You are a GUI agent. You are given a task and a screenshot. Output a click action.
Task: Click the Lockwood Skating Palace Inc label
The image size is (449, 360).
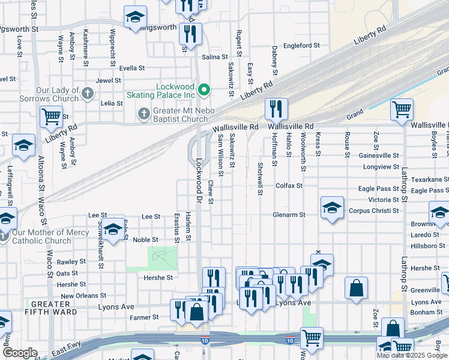point(176,91)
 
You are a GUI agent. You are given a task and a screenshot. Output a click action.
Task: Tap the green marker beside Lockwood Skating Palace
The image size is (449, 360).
point(204,91)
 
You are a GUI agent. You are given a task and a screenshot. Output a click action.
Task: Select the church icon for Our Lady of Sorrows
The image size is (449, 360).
point(88,93)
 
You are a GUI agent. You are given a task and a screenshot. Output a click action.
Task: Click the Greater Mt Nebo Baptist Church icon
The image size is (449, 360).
point(143,113)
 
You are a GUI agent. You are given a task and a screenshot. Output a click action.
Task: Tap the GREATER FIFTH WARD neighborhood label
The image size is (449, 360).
point(46,308)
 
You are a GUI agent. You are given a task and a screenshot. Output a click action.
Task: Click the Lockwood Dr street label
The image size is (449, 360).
point(199,171)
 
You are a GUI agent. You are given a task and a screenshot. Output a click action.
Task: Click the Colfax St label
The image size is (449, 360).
point(289,185)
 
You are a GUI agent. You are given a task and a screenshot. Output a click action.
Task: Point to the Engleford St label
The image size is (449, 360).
point(302,46)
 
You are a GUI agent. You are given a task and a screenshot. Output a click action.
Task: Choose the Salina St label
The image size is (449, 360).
point(215,57)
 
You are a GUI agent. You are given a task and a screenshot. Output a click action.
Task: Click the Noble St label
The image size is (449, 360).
point(145,239)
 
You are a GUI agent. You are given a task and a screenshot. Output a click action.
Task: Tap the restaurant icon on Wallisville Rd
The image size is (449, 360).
point(276,109)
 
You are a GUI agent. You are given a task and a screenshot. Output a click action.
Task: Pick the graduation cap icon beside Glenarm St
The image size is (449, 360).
point(332,208)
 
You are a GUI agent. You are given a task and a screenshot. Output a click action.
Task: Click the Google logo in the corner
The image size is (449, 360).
point(20,353)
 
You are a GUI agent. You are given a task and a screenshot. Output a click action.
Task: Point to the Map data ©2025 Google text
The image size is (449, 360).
point(412,355)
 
